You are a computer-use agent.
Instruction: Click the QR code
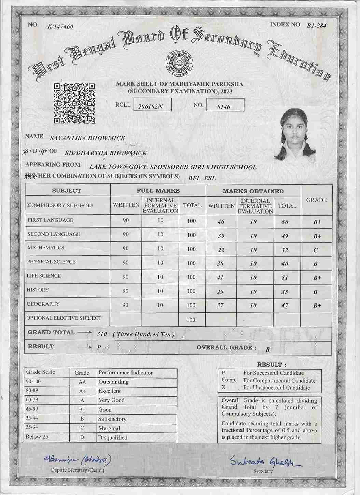[x=74, y=103]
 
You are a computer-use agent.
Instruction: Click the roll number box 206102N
[x=152, y=106]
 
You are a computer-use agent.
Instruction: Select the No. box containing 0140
[x=225, y=106]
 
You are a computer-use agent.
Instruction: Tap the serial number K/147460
[x=61, y=26]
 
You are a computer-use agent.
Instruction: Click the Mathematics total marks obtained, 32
[x=285, y=250]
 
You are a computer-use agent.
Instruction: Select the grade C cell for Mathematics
[x=316, y=250]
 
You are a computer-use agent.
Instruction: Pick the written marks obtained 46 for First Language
[x=221, y=222]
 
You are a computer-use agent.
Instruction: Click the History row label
[x=38, y=290]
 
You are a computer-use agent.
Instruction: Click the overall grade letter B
[x=268, y=349]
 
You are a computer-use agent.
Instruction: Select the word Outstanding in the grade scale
[x=114, y=382]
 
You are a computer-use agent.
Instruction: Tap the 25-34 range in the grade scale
[x=33, y=427]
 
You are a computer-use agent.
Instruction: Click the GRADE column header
[x=316, y=200]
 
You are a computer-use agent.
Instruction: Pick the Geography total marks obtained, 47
[x=285, y=306]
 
